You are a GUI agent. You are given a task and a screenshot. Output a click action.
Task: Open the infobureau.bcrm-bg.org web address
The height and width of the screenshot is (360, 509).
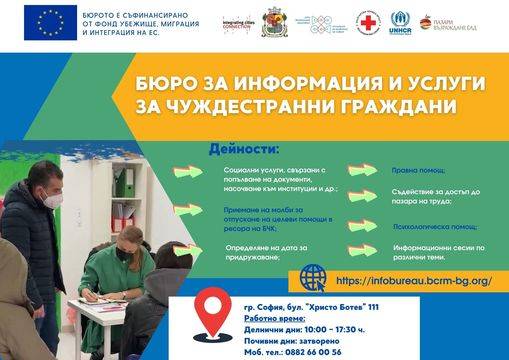coord(415,281)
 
